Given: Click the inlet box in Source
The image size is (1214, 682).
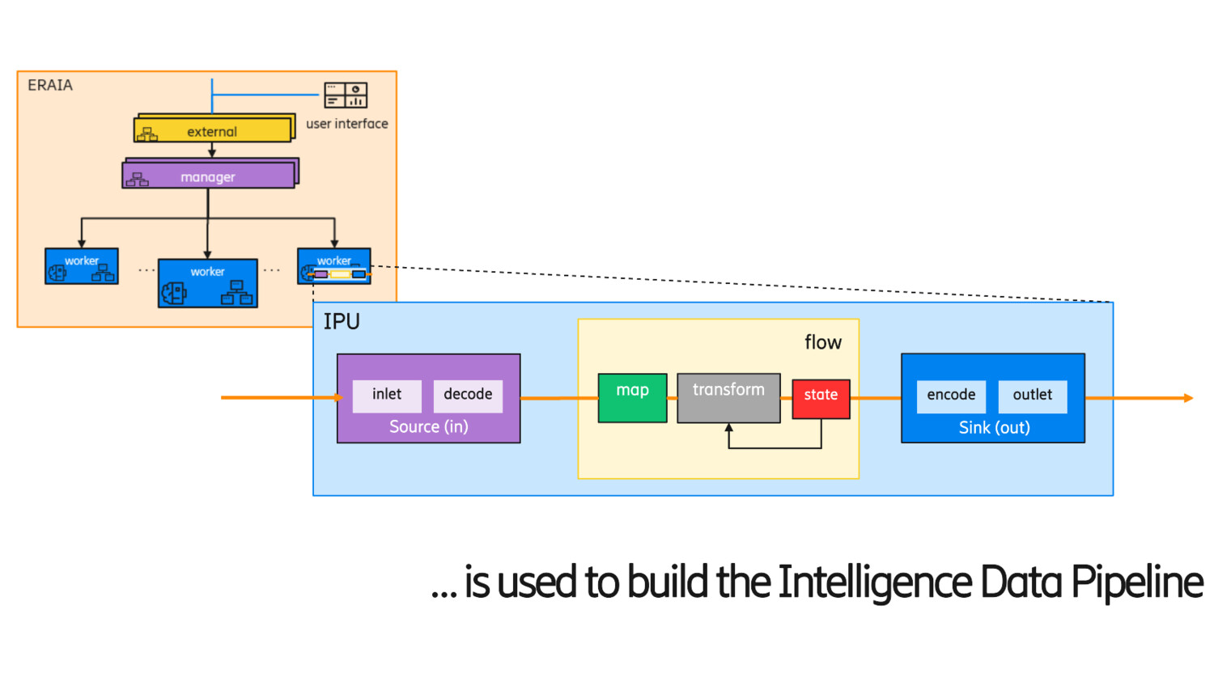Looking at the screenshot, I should pos(387,395).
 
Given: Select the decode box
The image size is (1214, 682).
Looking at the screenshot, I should pos(468,395).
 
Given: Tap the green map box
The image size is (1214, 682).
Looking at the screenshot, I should pos(632,397).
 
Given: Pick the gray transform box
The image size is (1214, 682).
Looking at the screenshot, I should pos(728,397).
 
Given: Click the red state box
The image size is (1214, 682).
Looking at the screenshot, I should pos(821,398).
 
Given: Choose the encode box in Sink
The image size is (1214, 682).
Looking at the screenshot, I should pos(951,396).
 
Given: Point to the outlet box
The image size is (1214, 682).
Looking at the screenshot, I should pos(1033,396).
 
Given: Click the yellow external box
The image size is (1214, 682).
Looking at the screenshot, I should pos(212,130).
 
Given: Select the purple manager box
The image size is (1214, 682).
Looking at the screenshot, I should pos(208,176).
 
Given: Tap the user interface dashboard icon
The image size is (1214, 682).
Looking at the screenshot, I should pos(346,95).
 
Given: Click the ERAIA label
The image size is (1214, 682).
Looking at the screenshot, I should pos(50,85).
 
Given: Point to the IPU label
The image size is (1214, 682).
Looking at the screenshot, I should pos(342,322).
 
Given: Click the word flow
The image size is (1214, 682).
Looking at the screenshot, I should pos(823,342).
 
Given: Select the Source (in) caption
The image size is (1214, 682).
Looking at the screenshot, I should pos(429,426).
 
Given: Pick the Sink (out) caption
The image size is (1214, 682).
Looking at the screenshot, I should pos(994,427).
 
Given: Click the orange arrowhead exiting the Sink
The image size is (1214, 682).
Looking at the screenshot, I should pos(1188,398).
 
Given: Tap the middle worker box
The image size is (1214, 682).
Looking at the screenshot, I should pos(208,283).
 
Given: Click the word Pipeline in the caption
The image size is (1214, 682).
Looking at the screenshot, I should pos(1136,582).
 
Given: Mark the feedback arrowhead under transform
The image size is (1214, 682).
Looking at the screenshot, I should pos(728,428).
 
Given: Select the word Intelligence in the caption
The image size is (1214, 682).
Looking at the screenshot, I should pos(874,582).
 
